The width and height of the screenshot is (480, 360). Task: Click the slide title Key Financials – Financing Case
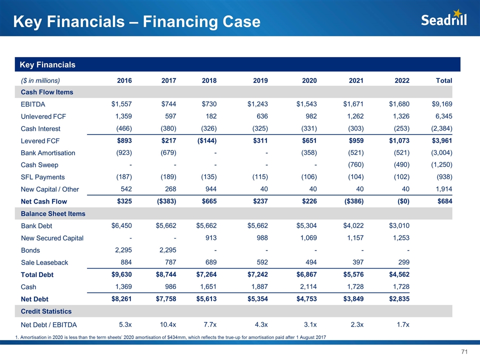tap(136, 21)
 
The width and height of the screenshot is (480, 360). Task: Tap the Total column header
tap(443, 80)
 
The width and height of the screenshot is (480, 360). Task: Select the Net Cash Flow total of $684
tap(443, 201)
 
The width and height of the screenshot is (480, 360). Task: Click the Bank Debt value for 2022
tap(399, 225)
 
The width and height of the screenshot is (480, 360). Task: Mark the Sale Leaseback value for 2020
tap(309, 262)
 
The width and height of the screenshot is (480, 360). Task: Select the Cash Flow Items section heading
tap(47, 92)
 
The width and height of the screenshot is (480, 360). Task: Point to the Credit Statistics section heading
tap(46, 311)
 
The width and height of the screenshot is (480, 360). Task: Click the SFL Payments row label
tap(42, 177)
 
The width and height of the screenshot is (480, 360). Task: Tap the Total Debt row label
tap(37, 274)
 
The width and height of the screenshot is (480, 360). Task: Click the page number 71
tap(463, 352)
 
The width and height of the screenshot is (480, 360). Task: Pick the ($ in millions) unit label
tap(40, 80)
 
